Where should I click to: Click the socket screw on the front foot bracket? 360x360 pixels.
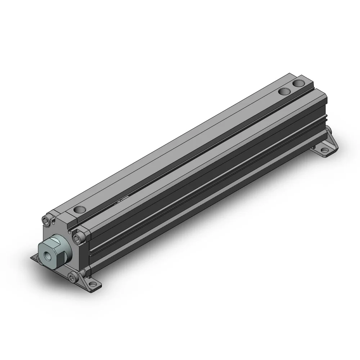pos(74,278)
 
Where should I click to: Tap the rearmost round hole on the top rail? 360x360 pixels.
pos(298,84)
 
